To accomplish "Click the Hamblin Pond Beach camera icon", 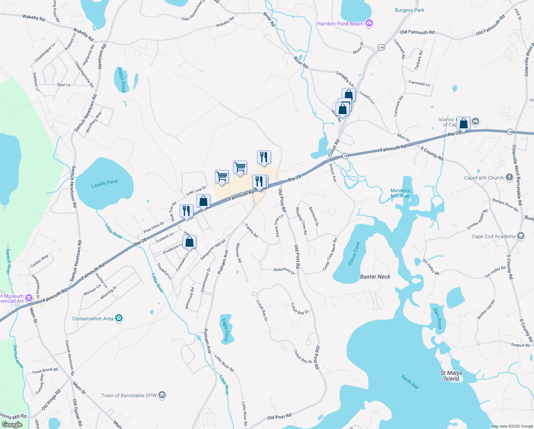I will point(369,24).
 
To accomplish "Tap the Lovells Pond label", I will point(104,184).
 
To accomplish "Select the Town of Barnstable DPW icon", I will point(162,395).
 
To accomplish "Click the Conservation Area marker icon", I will point(119,319).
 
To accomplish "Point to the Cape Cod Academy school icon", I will point(521,236).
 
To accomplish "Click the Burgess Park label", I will point(409,10).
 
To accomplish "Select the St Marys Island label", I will point(451,376).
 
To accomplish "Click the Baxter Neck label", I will point(375,277).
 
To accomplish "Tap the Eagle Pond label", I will point(225,330).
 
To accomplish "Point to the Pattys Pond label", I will point(122,80).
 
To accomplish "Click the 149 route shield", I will point(381,48).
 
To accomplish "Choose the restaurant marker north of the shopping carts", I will point(264,157).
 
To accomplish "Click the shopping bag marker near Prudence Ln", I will point(190,242).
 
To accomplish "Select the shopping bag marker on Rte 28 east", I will point(463,124).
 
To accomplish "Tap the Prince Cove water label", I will point(354,254).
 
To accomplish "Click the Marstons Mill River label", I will point(400,193).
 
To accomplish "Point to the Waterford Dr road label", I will point(284,271).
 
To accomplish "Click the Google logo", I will point(12,425).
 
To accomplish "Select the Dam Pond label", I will point(438,318).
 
